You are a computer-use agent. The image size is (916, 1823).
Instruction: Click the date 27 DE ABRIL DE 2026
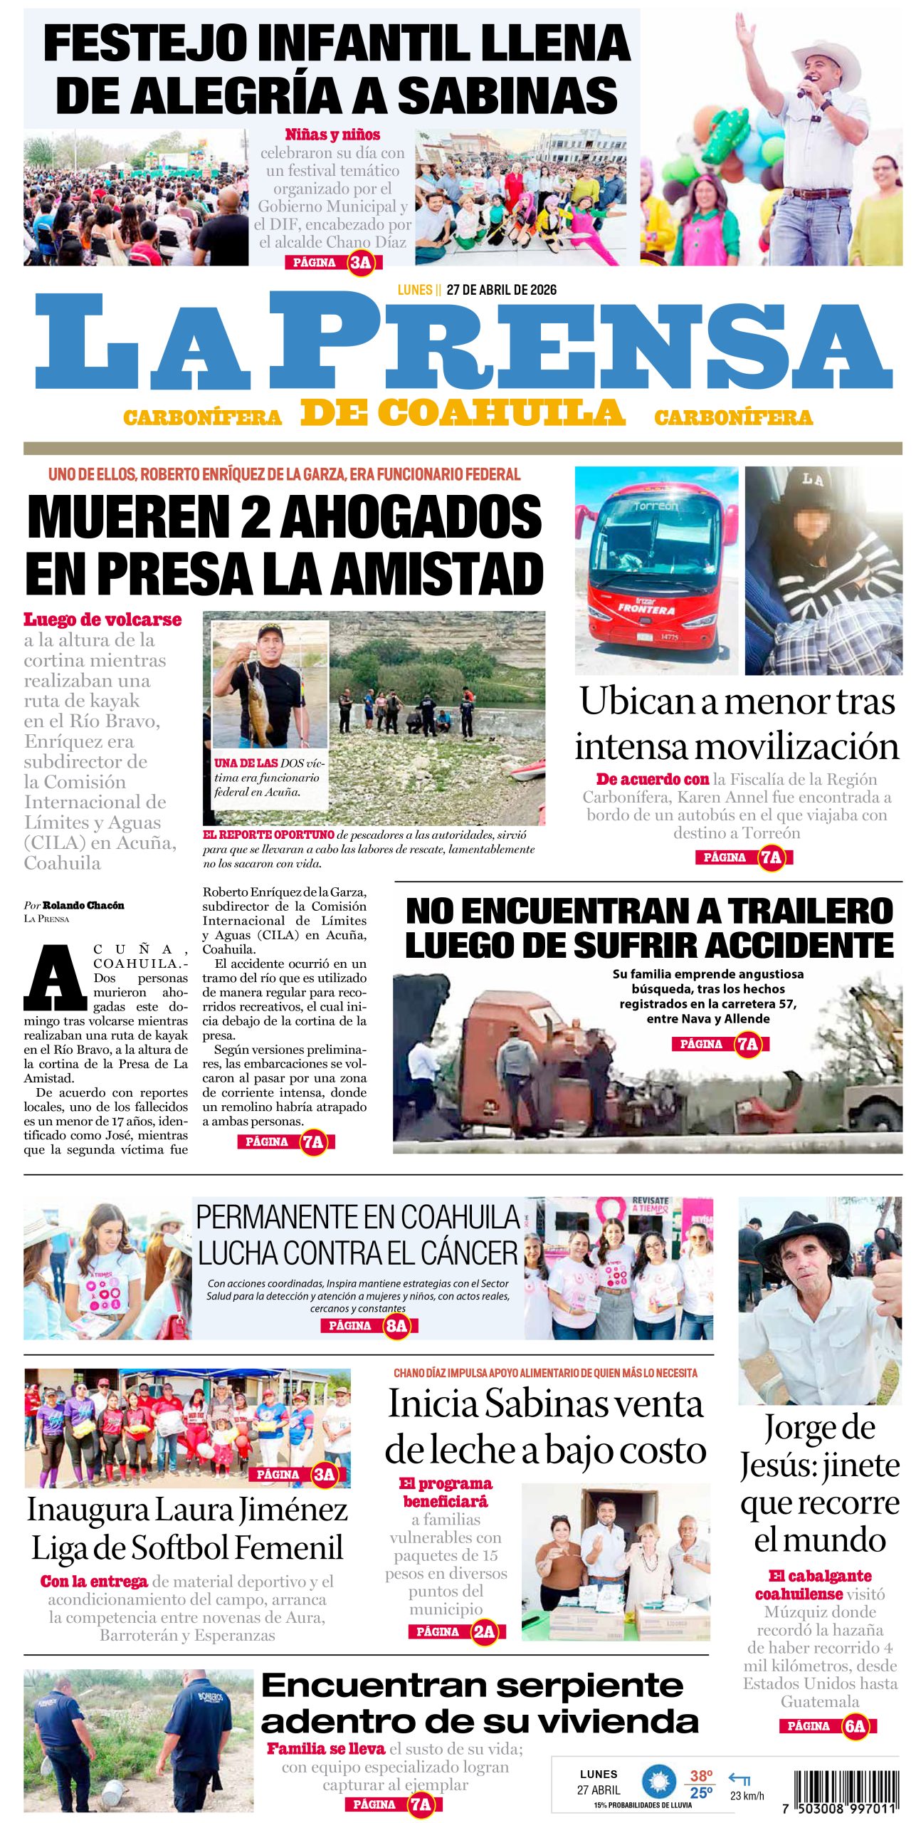pyautogui.click(x=501, y=290)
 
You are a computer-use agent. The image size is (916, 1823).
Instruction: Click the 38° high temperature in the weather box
pyautogui.click(x=700, y=1776)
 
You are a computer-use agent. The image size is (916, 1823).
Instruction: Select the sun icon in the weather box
pyautogui.click(x=659, y=1782)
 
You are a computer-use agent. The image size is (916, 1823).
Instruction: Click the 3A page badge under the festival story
pyautogui.click(x=361, y=263)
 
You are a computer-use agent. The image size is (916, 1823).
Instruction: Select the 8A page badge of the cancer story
pyautogui.click(x=396, y=1325)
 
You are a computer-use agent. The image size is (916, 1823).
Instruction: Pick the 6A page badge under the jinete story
pyautogui.click(x=854, y=1725)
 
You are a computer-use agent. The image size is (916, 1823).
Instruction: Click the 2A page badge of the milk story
pyautogui.click(x=483, y=1631)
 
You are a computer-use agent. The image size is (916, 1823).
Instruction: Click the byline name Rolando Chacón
pyautogui.click(x=83, y=905)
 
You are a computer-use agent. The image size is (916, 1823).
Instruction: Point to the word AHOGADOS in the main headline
pyautogui.click(x=411, y=517)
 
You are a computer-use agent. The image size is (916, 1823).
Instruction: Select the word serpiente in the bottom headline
pyautogui.click(x=590, y=1686)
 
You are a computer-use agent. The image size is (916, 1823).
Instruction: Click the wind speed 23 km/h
pyautogui.click(x=747, y=1795)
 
